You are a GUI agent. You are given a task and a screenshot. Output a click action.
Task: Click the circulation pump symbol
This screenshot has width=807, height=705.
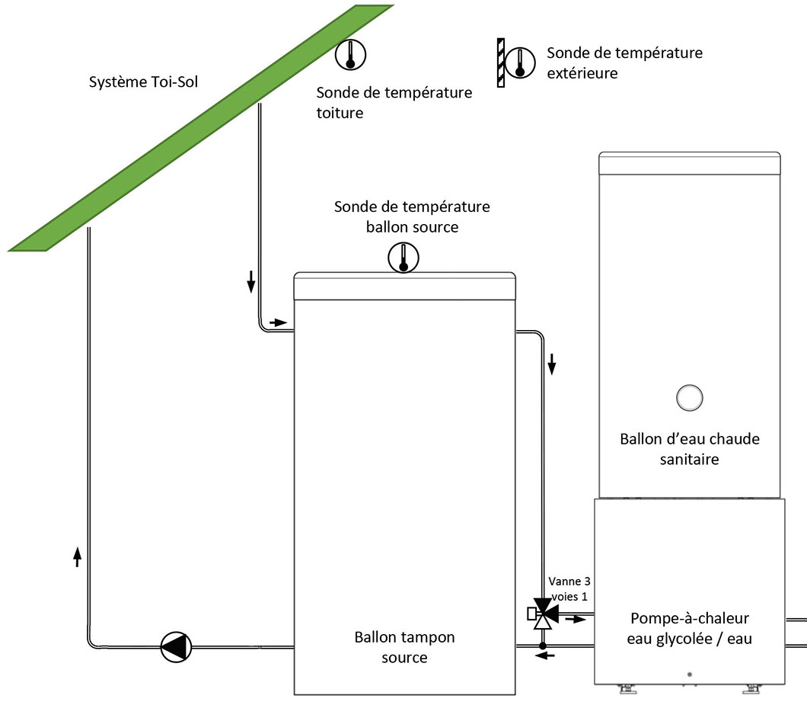click(x=176, y=647)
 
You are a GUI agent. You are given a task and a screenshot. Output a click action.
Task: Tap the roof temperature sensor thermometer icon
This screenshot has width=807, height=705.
click(x=351, y=54)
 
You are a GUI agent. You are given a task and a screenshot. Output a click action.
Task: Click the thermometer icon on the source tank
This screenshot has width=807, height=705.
click(x=403, y=258)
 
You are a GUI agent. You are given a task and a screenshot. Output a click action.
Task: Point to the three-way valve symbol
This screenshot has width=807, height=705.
click(x=543, y=612)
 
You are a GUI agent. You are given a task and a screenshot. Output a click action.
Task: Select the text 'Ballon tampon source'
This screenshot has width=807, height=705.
click(x=404, y=646)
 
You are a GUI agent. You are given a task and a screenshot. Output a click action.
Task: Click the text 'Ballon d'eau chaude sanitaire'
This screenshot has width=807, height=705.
click(x=689, y=449)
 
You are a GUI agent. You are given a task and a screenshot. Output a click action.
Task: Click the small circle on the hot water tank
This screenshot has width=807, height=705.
click(x=689, y=397)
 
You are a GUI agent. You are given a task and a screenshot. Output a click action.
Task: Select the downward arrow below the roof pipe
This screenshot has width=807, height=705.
click(x=250, y=284)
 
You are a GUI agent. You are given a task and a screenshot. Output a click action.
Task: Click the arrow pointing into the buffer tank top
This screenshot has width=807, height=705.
click(x=279, y=322)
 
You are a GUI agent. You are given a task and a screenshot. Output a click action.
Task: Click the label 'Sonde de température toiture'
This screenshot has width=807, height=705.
click(x=394, y=103)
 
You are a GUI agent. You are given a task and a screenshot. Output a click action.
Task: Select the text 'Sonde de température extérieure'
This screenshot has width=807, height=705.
click(x=624, y=63)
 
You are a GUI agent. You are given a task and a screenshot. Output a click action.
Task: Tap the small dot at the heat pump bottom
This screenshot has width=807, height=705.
click(x=689, y=675)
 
